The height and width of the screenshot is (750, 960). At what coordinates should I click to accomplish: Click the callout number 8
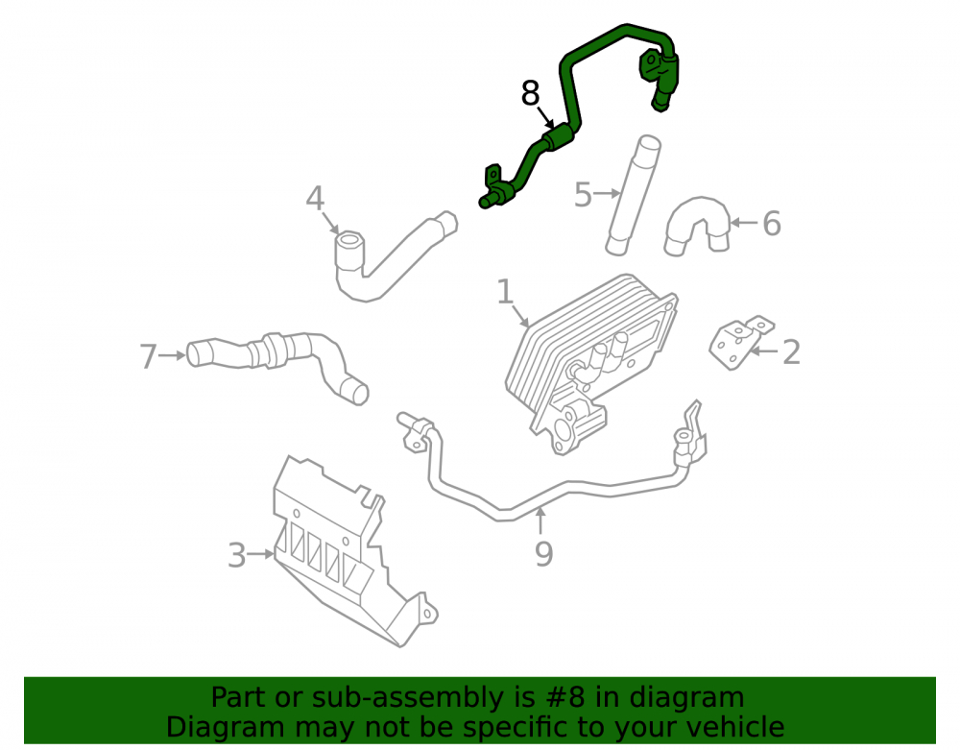pyautogui.click(x=530, y=94)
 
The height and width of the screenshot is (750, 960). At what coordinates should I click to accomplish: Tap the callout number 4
pyautogui.click(x=315, y=199)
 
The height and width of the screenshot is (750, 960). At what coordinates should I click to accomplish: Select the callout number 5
pyautogui.click(x=583, y=195)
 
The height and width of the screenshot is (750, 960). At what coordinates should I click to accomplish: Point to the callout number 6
pyautogui.click(x=772, y=224)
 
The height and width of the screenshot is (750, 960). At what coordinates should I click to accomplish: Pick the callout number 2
pyautogui.click(x=791, y=352)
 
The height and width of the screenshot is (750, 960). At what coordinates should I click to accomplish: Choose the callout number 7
pyautogui.click(x=148, y=356)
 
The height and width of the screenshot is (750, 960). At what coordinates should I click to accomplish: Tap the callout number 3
pyautogui.click(x=236, y=556)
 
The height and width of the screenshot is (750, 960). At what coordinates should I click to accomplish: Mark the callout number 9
pyautogui.click(x=543, y=553)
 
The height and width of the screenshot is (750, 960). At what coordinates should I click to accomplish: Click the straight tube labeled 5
pyautogui.click(x=633, y=195)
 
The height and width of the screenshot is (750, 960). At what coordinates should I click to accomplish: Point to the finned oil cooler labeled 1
pyautogui.click(x=589, y=361)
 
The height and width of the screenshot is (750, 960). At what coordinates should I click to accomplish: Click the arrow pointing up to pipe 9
pyautogui.click(x=540, y=521)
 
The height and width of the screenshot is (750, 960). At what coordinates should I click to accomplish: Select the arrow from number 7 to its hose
pyautogui.click(x=172, y=355)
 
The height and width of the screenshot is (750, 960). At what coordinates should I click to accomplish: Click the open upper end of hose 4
pyautogui.click(x=350, y=240)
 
